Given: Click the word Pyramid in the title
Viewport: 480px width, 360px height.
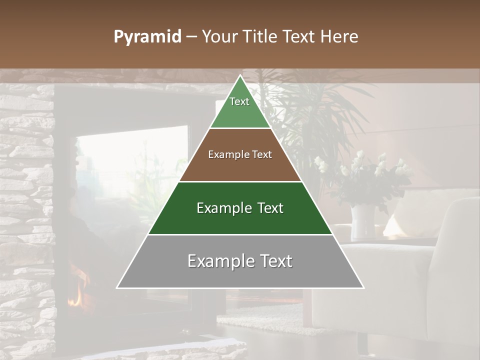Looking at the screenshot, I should [x=147, y=37].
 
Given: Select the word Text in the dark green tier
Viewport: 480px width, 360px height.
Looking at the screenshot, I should [x=270, y=208].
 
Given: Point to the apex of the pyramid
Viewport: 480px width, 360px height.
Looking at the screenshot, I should [x=240, y=76].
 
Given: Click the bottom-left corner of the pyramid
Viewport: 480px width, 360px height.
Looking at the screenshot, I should [x=117, y=287].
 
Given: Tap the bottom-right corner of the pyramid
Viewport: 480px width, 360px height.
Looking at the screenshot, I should [x=363, y=287].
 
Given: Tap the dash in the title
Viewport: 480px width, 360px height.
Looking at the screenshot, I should [x=191, y=37].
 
